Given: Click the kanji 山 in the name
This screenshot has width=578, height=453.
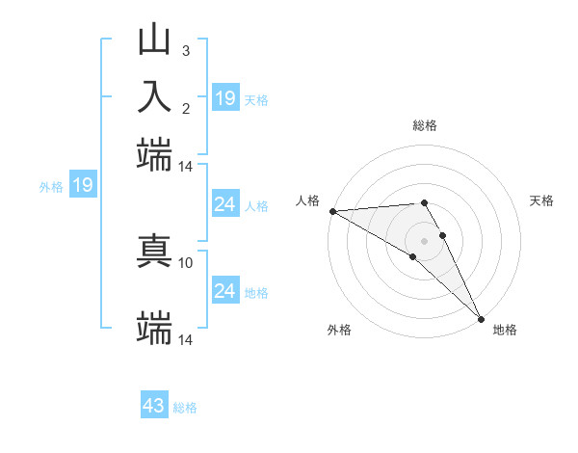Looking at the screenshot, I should [154, 40].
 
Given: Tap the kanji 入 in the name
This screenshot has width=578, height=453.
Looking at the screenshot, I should [154, 96].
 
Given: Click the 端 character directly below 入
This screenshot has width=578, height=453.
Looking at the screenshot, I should [154, 154].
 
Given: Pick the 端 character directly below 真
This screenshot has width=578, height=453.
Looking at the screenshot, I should [154, 329].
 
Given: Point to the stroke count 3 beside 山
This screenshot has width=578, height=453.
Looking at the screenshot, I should [185, 50].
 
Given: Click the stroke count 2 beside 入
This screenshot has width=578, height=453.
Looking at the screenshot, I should [185, 107].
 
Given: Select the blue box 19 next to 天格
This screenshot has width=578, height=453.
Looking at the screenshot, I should [225, 97].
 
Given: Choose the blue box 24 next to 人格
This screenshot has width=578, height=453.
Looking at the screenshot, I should [224, 204].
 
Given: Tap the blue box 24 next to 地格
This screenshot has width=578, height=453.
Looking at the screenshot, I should [224, 291].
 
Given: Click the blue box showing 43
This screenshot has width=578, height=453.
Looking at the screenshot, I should [154, 406].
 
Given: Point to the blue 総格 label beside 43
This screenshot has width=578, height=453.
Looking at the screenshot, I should [186, 408].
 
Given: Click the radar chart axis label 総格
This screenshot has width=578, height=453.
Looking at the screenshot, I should [425, 125].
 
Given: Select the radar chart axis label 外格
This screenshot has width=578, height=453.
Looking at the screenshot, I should [339, 330].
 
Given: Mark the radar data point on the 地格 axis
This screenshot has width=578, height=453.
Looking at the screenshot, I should [480, 318].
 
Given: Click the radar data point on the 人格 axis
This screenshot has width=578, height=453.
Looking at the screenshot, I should [332, 210].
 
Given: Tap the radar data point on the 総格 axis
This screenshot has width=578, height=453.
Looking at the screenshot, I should [425, 202].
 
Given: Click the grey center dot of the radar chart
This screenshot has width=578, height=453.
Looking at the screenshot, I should [425, 240].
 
